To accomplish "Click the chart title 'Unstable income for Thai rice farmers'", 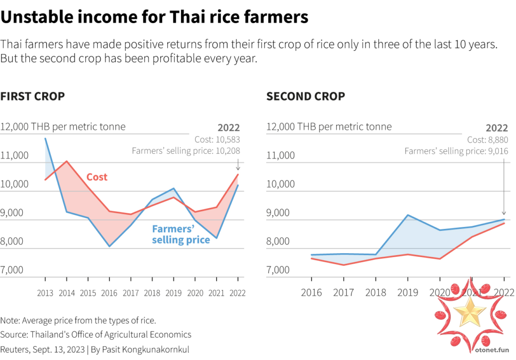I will [154, 18].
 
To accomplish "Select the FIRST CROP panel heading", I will [33, 96].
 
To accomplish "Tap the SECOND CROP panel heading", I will [306, 96].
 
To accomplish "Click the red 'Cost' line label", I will [97, 177].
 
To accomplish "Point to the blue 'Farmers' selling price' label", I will [181, 234].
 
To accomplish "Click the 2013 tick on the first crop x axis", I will [45, 293].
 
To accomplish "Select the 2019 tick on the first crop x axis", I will [173, 293].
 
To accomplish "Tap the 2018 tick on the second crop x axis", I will [375, 292].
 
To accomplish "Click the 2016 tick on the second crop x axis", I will [311, 292].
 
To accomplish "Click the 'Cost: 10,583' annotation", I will [217, 140].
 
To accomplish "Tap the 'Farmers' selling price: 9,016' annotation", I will [457, 151].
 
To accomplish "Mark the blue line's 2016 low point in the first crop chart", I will [109, 247].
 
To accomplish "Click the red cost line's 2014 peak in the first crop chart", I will [67, 161].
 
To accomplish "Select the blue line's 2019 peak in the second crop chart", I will [408, 215].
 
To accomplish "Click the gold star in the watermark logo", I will [470, 313].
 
